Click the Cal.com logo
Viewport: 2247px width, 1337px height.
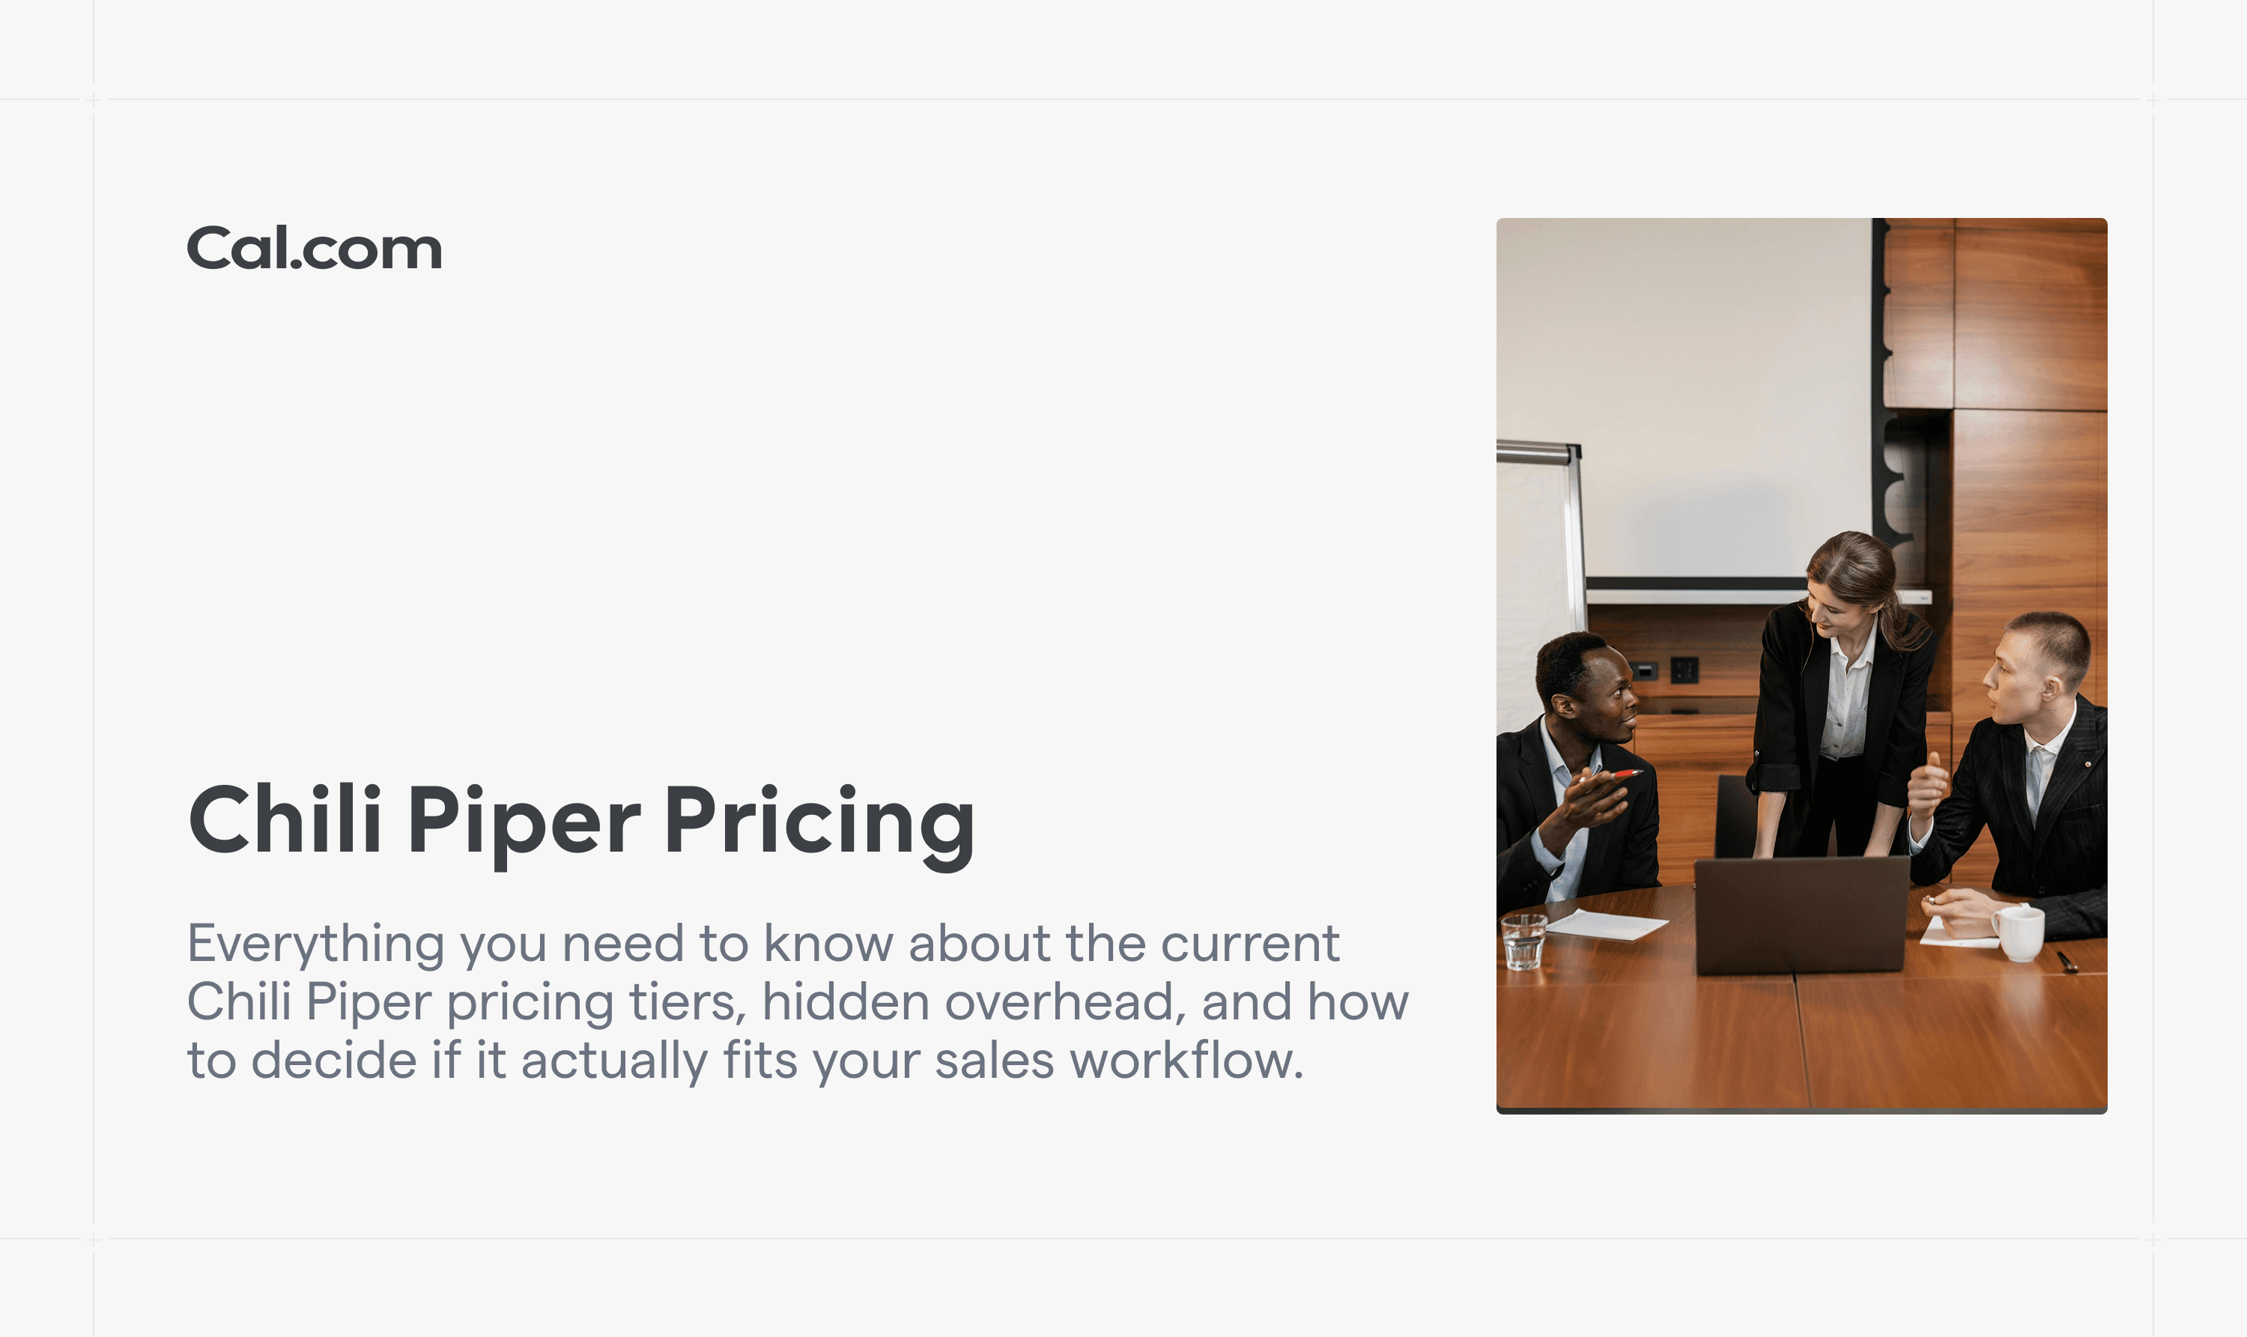[314, 248]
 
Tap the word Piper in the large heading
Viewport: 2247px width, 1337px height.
[524, 822]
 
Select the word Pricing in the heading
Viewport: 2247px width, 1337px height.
[819, 822]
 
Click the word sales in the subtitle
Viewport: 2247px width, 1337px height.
[994, 1061]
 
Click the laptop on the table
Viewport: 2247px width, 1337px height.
[1801, 914]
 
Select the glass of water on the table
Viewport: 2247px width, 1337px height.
[1523, 942]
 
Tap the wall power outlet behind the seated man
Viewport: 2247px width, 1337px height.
[1684, 670]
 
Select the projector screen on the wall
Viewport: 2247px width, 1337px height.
[1685, 396]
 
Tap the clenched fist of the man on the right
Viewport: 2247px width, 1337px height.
[1927, 787]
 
